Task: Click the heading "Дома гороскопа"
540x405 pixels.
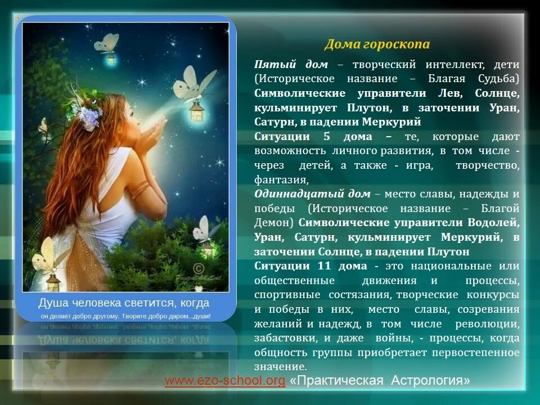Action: point(377,44)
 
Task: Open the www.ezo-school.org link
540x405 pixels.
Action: point(225,381)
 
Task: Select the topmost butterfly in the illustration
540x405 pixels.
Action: point(107,43)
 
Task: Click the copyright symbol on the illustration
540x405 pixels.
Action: point(198,268)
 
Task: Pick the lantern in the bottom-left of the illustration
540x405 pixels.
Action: point(53,281)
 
